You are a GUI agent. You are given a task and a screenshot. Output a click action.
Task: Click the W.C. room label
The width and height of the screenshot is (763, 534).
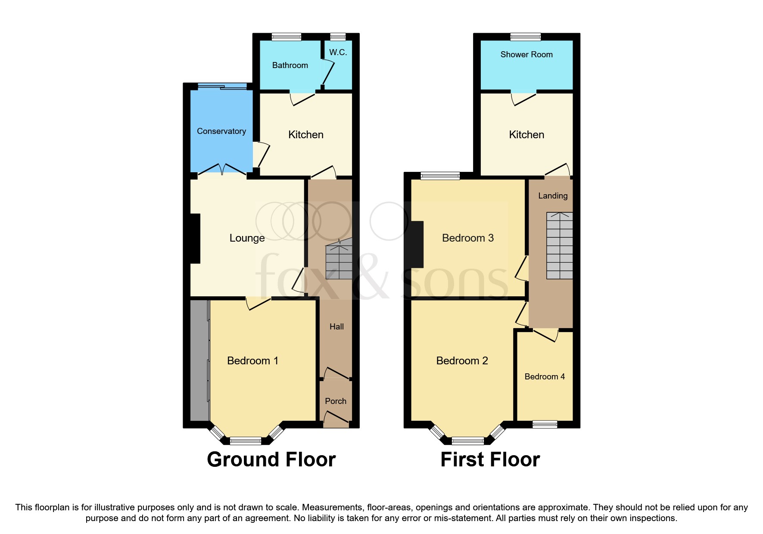[x=338, y=53]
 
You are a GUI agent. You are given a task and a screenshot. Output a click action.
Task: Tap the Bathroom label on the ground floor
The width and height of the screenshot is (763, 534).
[x=290, y=65]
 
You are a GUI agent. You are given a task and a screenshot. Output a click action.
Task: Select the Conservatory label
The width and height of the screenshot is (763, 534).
[x=221, y=131]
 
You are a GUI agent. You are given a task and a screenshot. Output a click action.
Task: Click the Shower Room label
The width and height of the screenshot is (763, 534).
[x=526, y=55]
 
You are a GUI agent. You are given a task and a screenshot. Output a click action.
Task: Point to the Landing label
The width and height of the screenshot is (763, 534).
[x=552, y=196]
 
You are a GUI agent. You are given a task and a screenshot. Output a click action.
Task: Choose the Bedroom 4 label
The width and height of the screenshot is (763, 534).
[x=544, y=377]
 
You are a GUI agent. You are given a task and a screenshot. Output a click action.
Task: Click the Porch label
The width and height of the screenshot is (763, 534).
[x=335, y=401]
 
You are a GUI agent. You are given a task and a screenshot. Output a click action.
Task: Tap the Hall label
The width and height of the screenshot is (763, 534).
[x=336, y=327]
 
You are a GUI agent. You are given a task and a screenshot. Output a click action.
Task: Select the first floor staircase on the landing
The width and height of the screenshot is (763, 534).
[x=559, y=246]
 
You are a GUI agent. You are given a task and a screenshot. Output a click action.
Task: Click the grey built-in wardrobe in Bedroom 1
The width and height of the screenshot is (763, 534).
[x=199, y=360]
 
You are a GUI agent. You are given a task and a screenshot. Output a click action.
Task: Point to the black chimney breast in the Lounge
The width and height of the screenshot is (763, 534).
[x=195, y=238]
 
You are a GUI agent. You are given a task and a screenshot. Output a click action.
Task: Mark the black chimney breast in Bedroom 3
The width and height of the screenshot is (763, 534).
[x=417, y=244]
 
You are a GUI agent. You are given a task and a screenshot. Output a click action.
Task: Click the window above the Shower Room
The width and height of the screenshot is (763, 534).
[x=525, y=37]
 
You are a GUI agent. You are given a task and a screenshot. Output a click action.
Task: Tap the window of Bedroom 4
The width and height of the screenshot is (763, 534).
[x=545, y=424]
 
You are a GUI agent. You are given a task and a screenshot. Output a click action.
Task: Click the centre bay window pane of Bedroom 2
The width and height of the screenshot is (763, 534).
[x=467, y=441]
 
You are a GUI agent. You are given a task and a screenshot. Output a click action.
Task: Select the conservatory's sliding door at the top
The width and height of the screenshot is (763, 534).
[x=222, y=87]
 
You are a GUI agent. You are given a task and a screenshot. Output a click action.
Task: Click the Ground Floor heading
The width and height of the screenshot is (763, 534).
[x=271, y=459]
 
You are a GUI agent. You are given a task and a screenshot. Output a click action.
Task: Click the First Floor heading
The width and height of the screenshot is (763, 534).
[x=490, y=459]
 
